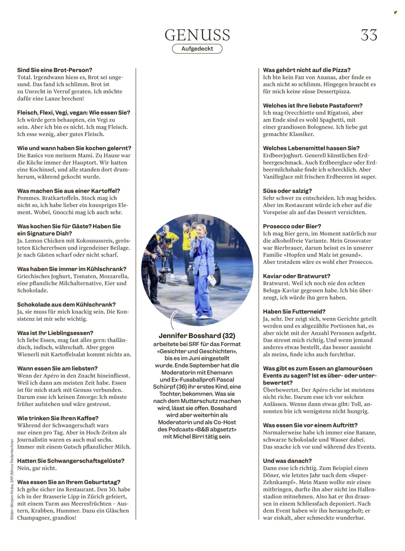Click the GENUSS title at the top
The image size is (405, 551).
click(197, 35)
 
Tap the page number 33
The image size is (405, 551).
click(369, 35)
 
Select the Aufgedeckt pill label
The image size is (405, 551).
click(197, 49)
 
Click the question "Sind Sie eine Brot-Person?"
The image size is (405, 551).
click(54, 70)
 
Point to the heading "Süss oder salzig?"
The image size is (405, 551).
click(287, 191)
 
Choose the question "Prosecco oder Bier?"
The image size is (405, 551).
click(292, 226)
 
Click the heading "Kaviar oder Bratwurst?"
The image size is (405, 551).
click(296, 276)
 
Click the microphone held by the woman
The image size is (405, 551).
click(196, 241)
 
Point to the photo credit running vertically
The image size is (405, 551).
click(12, 479)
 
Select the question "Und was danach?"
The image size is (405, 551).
click(287, 461)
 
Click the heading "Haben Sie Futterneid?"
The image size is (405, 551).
click(294, 312)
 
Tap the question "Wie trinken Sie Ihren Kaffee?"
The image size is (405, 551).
click(58, 418)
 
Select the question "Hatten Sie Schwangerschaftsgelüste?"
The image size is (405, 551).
click(71, 461)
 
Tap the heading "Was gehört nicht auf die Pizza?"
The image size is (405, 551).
click(307, 70)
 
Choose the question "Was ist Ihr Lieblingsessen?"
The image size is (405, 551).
click(55, 333)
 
